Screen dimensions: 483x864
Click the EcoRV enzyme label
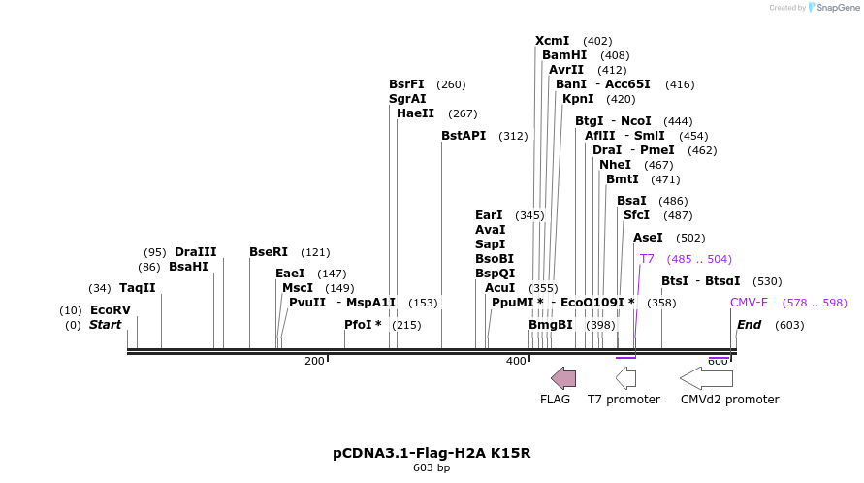[x=110, y=310]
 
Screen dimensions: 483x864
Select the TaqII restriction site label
[x=137, y=288]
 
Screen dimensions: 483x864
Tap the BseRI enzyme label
[x=269, y=252]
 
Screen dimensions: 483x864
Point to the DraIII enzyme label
[x=195, y=252]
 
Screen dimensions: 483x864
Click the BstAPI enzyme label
[x=464, y=136]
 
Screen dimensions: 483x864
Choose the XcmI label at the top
[x=553, y=41]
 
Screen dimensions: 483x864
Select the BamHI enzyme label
[x=564, y=55]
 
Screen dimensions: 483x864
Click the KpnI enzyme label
[x=578, y=99]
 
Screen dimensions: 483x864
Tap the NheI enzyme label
[x=615, y=165]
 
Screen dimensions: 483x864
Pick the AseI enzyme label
[x=648, y=238]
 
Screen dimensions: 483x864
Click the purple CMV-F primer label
[x=749, y=303]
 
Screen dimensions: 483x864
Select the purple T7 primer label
[x=647, y=259]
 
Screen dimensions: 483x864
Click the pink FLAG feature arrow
[x=563, y=378]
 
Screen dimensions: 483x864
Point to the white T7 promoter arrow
[x=625, y=378]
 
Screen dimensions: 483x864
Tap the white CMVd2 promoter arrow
[x=706, y=378]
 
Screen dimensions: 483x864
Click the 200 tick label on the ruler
[x=314, y=361]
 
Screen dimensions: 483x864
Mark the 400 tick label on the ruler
[x=516, y=361]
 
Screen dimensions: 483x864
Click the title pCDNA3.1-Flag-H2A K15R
[x=432, y=453]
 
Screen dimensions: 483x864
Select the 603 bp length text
[x=432, y=468]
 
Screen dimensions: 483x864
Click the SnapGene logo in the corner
[x=823, y=8]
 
